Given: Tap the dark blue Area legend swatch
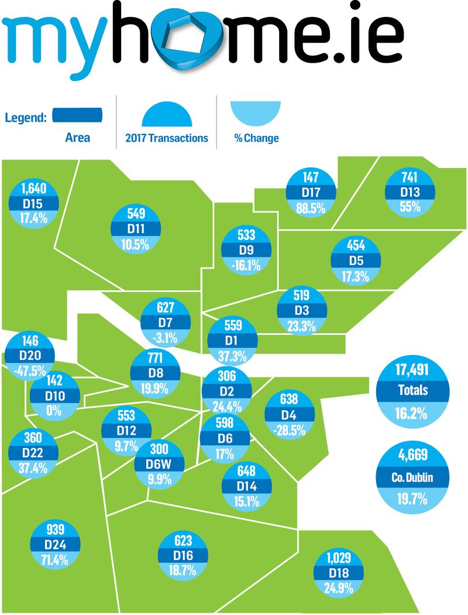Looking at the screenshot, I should click(78, 115).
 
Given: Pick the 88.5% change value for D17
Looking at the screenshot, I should click(311, 208).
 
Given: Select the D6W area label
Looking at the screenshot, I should click(159, 465).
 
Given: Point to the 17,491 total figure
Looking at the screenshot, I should click(404, 370).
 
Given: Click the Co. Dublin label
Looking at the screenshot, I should click(404, 477).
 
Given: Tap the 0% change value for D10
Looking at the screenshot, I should click(54, 410).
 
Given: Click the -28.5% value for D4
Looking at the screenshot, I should click(289, 430).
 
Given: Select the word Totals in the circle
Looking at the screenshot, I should click(404, 390).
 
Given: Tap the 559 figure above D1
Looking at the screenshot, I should click(233, 325).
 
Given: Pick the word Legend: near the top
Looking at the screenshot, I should click(26, 117).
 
